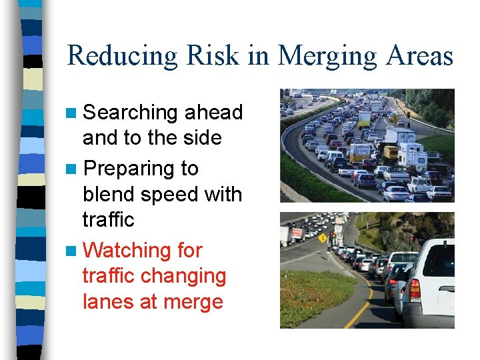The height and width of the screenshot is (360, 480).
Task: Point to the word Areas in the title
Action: [417, 55]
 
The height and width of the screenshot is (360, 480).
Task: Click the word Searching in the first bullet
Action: [130, 113]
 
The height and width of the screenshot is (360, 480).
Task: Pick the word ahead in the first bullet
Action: [213, 112]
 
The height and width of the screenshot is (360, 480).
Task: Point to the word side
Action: [201, 137]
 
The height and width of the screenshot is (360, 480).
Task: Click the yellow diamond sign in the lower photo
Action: [323, 238]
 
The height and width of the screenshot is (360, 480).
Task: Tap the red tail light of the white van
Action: [415, 290]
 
